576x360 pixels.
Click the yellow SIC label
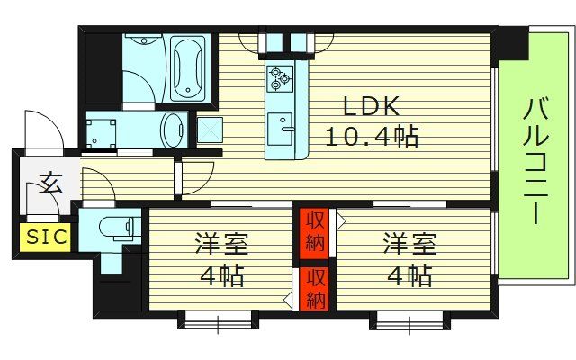click(x=40, y=238)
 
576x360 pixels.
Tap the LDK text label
click(x=367, y=107)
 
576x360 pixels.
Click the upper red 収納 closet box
click(x=313, y=232)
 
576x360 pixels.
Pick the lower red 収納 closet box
click(x=313, y=287)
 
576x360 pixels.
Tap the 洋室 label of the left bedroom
click(x=221, y=244)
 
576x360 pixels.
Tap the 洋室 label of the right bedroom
click(x=409, y=244)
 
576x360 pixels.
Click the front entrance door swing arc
click(x=47, y=130)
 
